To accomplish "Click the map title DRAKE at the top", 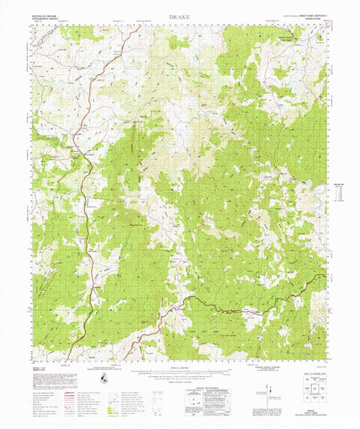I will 179,16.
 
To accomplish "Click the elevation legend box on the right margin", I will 338,190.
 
